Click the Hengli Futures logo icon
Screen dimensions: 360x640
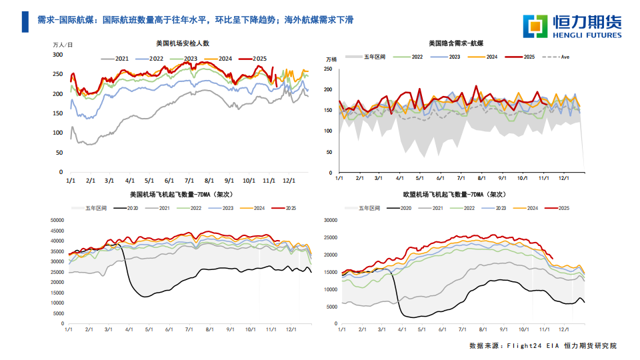click(536, 26)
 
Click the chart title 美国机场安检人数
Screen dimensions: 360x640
click(183, 43)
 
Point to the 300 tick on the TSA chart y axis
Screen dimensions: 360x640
click(58, 55)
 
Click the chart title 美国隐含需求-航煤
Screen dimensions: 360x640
click(457, 43)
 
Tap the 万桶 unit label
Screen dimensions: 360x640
click(331, 59)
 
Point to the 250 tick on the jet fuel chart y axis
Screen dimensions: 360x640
click(327, 69)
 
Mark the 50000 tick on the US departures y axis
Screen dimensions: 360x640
click(57, 220)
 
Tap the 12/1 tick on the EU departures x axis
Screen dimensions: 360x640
click(563, 329)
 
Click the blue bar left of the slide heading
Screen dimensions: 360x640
click(25, 21)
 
